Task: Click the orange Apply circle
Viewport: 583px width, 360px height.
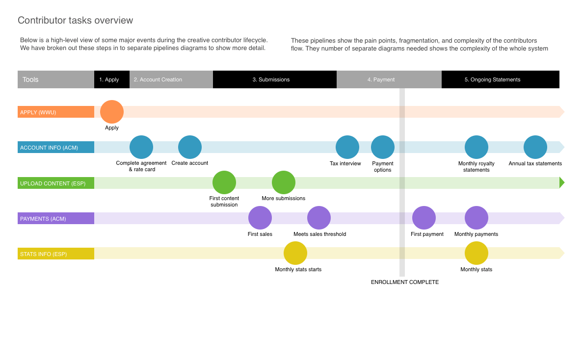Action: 112,112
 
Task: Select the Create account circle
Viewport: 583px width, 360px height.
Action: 190,147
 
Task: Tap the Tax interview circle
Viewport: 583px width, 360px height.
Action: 347,147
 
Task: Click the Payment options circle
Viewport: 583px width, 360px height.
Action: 383,147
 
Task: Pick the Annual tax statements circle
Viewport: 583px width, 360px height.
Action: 535,147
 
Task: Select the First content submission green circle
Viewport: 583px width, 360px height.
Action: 224,182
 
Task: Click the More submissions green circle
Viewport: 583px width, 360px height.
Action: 284,182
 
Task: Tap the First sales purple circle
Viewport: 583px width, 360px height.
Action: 260,218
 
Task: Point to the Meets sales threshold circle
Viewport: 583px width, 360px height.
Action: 319,218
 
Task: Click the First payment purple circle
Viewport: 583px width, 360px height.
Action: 424,218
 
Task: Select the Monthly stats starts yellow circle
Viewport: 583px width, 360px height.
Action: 295,253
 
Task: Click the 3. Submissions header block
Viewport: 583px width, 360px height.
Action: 275,79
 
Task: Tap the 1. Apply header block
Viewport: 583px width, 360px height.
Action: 112,79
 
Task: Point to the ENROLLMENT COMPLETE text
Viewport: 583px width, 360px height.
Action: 405,282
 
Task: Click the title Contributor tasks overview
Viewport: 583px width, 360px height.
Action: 75,21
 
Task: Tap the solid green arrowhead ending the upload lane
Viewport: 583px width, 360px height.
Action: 562,182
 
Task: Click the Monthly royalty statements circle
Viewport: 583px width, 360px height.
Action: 477,147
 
